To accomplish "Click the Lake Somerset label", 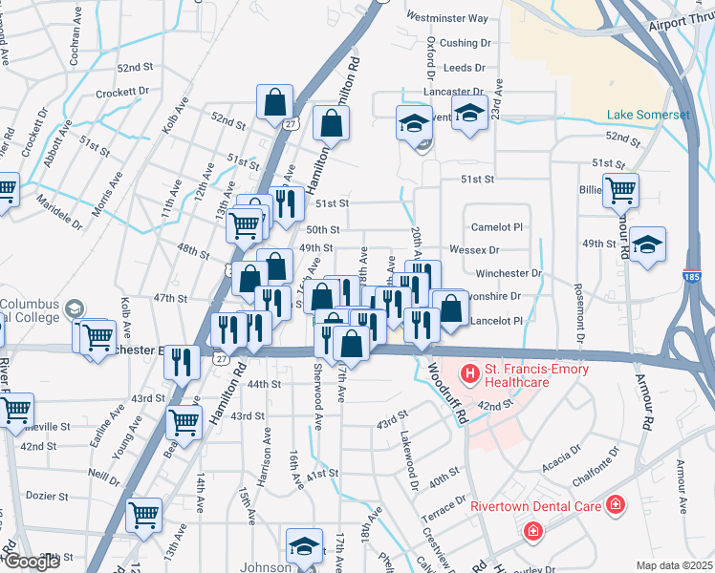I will pyautogui.click(x=648, y=115).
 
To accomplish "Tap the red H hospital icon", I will pyautogui.click(x=469, y=371).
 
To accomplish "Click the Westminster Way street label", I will pyautogui.click(x=446, y=17).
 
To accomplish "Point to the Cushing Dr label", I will pyautogui.click(x=465, y=43).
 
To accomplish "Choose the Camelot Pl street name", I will pyautogui.click(x=497, y=227).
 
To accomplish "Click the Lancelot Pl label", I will pyautogui.click(x=497, y=322).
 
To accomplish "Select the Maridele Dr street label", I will pyautogui.click(x=59, y=211).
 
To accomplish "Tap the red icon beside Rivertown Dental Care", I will pyautogui.click(x=617, y=502).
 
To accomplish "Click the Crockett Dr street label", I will pyautogui.click(x=123, y=93).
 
